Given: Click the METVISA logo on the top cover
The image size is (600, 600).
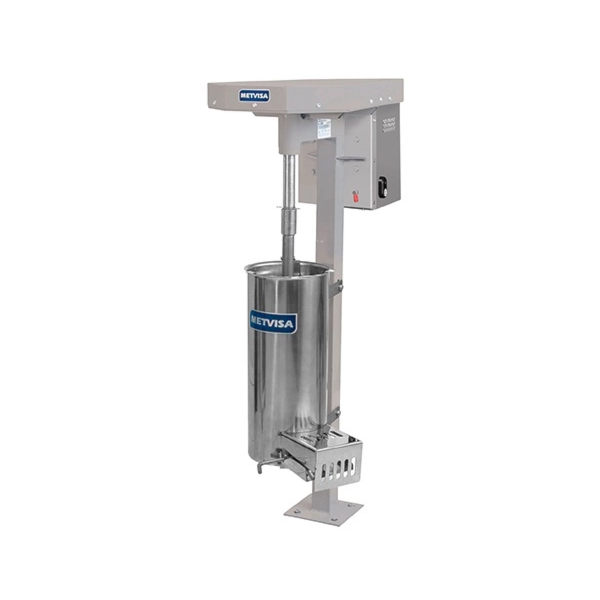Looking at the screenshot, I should click(254, 96).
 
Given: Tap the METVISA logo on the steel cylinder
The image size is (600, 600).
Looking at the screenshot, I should click(273, 322).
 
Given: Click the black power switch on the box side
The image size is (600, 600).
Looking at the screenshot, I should click(382, 186).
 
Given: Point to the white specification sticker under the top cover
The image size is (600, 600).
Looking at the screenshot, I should click(323, 128).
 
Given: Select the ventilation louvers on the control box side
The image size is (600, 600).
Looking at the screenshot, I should click(388, 125).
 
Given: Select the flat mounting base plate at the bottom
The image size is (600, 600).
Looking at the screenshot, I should click(323, 509).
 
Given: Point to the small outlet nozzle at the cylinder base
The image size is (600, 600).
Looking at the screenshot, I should click(262, 465).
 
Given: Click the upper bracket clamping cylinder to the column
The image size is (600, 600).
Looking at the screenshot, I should click(336, 288).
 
